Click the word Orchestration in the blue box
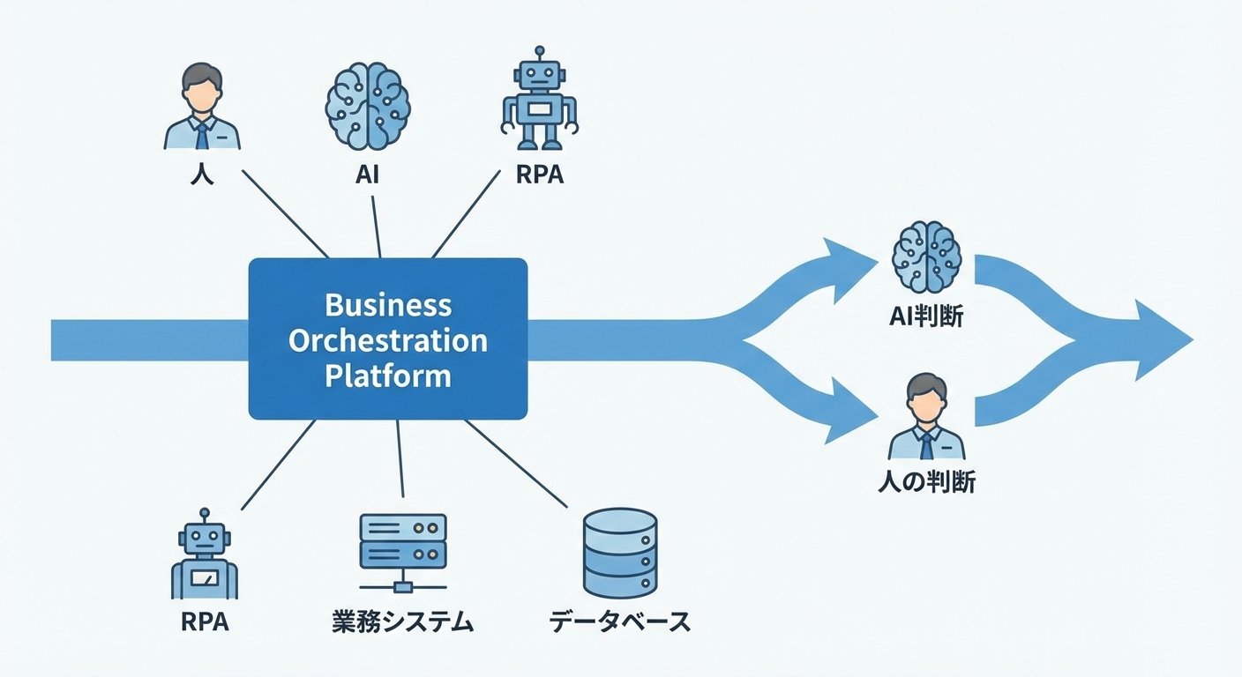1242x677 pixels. click(388, 340)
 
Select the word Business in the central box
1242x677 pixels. click(388, 305)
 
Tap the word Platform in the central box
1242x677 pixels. click(388, 376)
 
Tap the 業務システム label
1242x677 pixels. click(403, 622)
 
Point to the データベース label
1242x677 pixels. click(619, 622)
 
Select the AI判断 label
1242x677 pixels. click(925, 318)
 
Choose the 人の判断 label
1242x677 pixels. click(926, 481)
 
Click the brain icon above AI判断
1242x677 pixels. click(925, 258)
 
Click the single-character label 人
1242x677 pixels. click(202, 174)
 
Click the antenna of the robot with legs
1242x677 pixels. click(540, 53)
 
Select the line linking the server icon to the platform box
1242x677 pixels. click(400, 458)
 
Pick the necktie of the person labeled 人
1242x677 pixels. click(202, 135)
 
